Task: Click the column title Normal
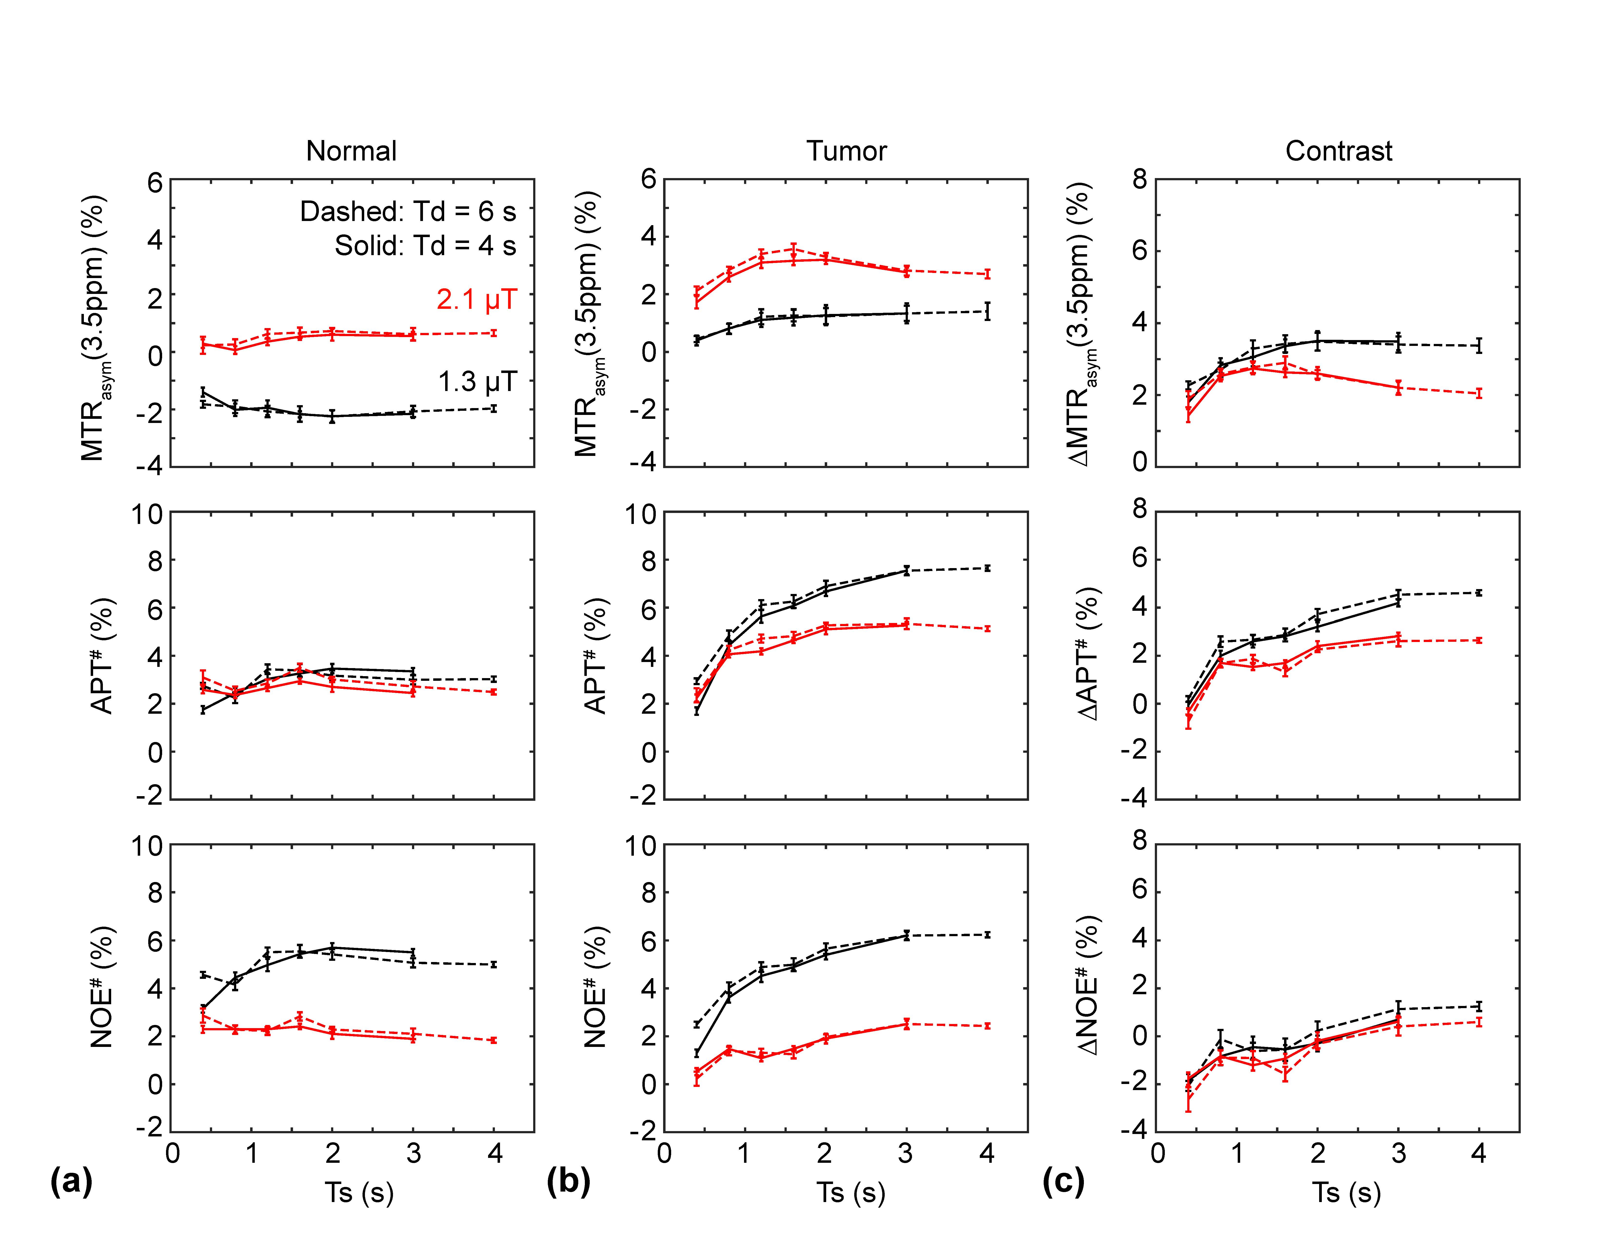pyautogui.click(x=351, y=151)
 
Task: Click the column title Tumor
pyautogui.click(x=846, y=151)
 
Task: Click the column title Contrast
pyautogui.click(x=1339, y=151)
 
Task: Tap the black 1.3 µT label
pyautogui.click(x=477, y=382)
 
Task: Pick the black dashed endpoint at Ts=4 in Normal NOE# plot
pyautogui.click(x=494, y=964)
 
